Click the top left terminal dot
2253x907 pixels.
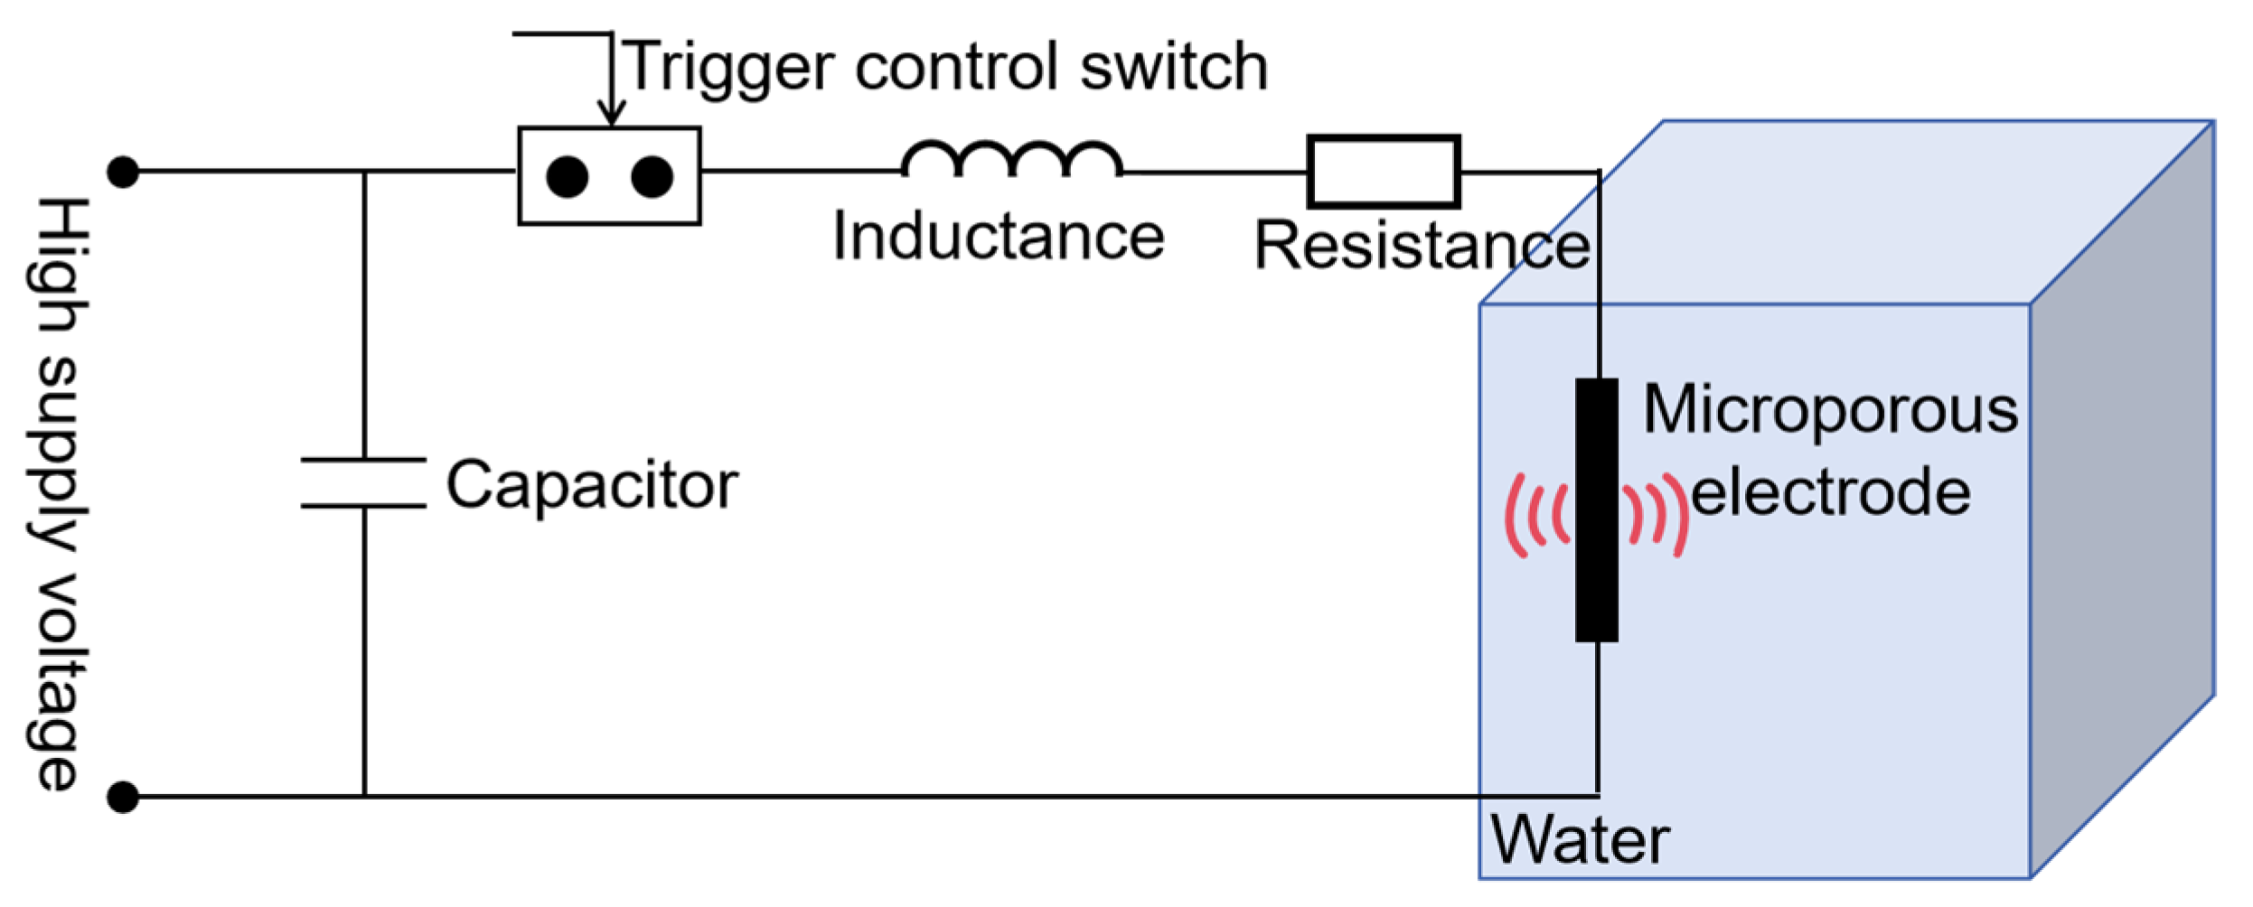coord(123,172)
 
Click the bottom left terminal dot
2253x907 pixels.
coord(123,797)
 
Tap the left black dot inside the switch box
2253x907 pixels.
coord(567,177)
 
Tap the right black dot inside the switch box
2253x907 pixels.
coord(652,176)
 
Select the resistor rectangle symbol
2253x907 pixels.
coord(1383,172)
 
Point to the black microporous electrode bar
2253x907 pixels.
coord(1596,510)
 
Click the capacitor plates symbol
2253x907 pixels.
coord(363,482)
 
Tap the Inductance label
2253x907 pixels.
coord(998,237)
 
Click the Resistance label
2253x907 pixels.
coord(1422,246)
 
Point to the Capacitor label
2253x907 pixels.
coord(592,486)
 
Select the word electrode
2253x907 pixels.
coord(1830,493)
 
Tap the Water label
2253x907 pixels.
coord(1579,840)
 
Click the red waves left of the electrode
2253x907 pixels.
coord(1536,515)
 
